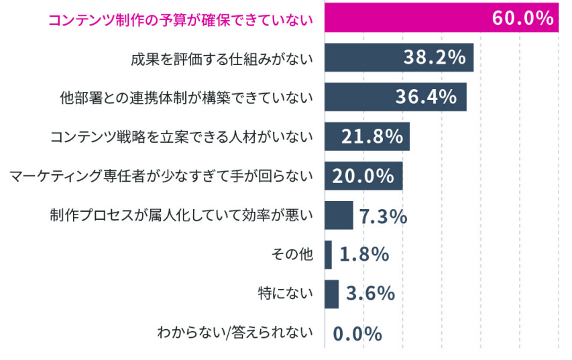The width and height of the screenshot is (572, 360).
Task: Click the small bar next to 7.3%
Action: coord(339,215)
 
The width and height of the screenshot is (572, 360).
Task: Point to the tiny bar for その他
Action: coord(328,255)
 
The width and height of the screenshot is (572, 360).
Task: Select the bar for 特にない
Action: coord(331,294)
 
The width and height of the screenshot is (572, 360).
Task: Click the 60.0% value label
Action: coord(522,19)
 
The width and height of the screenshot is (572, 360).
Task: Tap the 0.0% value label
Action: coord(357,333)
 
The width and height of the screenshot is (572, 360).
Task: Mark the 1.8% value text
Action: coord(364,255)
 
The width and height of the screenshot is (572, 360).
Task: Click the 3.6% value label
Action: coord(370,294)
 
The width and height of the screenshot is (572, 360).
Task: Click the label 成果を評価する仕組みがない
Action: coord(221,58)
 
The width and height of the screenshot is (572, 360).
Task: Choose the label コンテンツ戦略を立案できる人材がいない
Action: coord(182,137)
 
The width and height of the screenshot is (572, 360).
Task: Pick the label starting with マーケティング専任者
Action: coord(162,176)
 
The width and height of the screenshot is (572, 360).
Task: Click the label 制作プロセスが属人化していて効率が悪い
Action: coord(181,215)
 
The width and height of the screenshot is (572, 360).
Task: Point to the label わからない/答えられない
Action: coord(235,333)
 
